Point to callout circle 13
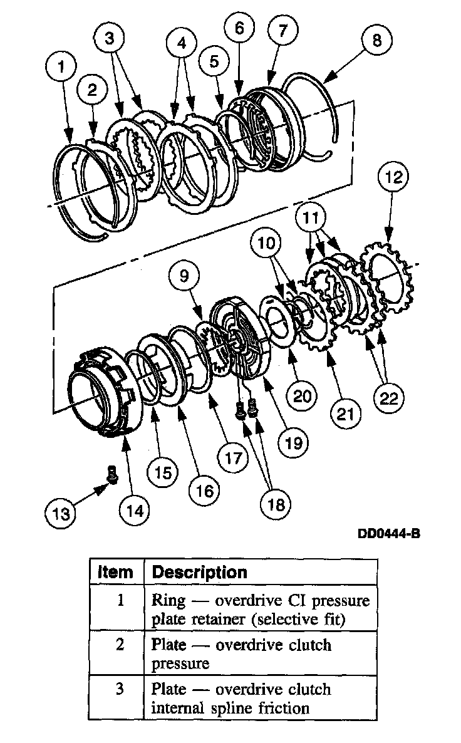point(61,513)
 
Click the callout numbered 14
point(136,510)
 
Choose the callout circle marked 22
point(389,398)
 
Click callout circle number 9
point(184,276)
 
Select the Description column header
point(199,572)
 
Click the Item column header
point(117,572)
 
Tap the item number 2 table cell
point(121,645)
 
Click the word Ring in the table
point(168,600)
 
